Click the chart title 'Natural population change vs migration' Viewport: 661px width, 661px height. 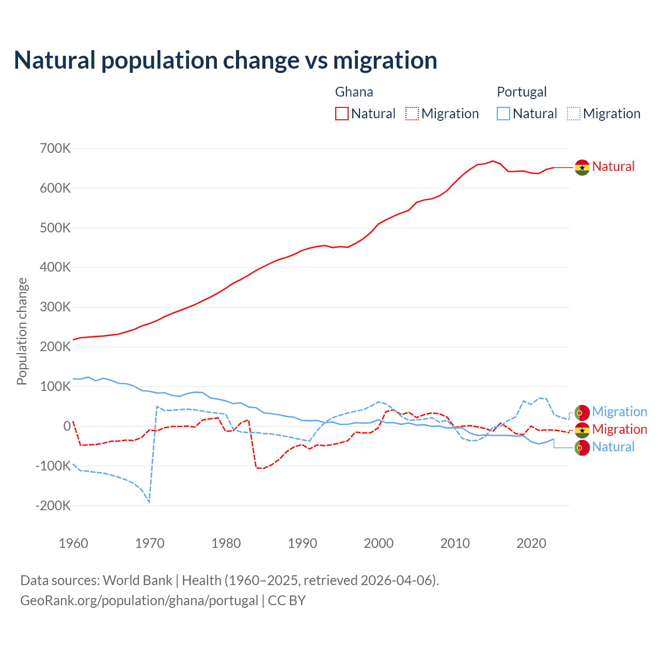click(x=226, y=60)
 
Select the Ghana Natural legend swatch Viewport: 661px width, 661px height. click(x=342, y=114)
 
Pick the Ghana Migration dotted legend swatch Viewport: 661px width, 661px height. click(x=412, y=114)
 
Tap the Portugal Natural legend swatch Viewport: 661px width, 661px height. click(x=503, y=114)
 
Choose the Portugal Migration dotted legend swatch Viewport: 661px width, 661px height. click(x=574, y=114)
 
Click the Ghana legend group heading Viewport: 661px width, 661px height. click(x=354, y=92)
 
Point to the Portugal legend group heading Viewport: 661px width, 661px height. click(x=522, y=92)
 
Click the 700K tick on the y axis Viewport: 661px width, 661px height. click(x=55, y=149)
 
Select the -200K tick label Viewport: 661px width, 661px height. click(x=53, y=506)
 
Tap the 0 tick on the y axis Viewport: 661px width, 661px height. click(x=67, y=426)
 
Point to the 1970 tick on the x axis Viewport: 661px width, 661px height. click(x=150, y=543)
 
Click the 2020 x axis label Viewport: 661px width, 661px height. click(x=531, y=543)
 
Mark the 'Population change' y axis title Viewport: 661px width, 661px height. click(x=22, y=331)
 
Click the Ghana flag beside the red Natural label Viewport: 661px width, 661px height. click(x=582, y=167)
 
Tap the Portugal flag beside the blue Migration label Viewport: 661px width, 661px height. click(x=582, y=413)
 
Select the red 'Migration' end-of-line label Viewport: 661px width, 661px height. click(x=619, y=429)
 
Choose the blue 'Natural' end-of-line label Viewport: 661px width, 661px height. click(x=613, y=447)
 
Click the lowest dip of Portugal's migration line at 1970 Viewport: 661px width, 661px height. click(x=149, y=502)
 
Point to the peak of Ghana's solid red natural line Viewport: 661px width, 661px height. click(x=493, y=161)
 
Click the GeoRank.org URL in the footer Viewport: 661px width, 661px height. click(x=139, y=601)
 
